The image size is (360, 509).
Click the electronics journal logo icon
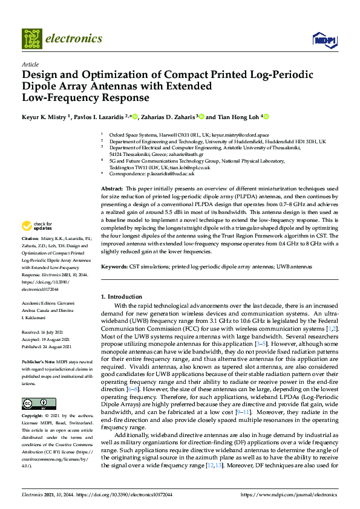32,39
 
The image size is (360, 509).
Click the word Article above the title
30,64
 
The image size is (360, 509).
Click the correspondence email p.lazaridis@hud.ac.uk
171,173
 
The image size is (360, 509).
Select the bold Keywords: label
117,267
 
